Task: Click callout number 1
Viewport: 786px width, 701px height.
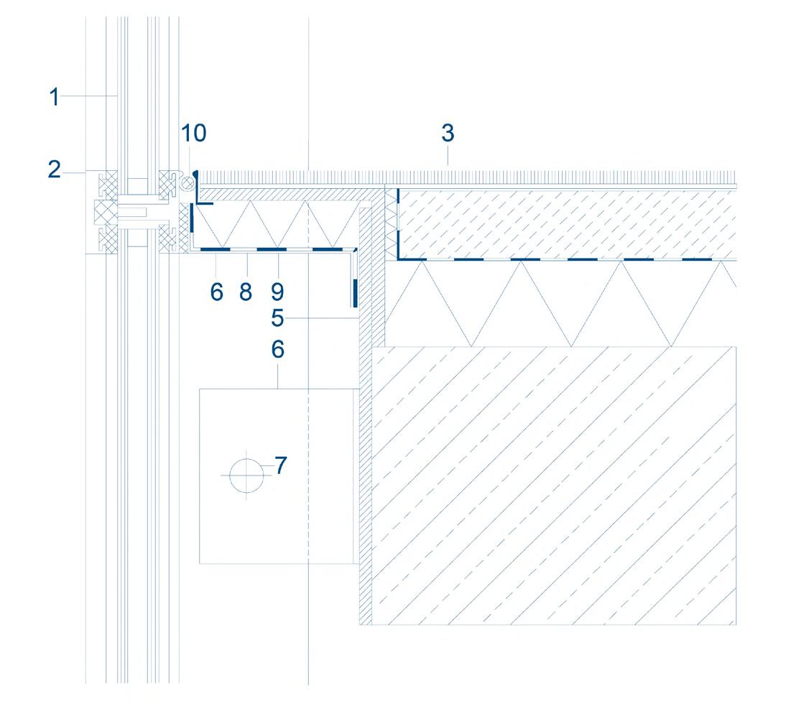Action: click(x=55, y=96)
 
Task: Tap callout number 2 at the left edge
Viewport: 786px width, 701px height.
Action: click(x=55, y=171)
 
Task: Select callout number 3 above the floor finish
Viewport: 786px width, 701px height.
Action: click(x=448, y=134)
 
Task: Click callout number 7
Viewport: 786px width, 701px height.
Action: click(x=281, y=465)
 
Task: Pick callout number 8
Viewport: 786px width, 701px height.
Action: click(x=246, y=292)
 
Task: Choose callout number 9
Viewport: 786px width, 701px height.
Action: click(x=277, y=292)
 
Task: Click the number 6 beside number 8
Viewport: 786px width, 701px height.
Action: click(x=217, y=292)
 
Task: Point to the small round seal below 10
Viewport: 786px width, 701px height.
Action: click(x=187, y=183)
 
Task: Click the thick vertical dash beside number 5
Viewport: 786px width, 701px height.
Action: click(x=355, y=293)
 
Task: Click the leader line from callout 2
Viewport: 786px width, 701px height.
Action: click(x=75, y=171)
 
